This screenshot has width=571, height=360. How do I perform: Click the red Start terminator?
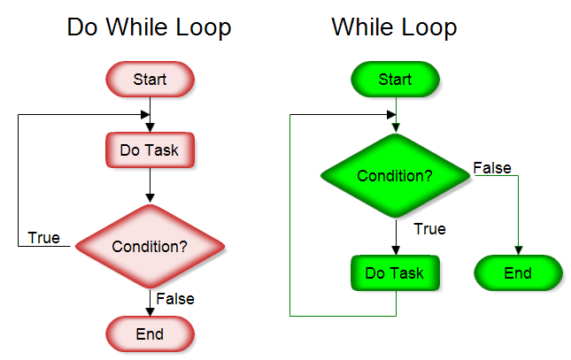[150, 80]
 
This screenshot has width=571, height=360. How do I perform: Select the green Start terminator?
[395, 80]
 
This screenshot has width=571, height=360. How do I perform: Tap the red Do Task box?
[150, 150]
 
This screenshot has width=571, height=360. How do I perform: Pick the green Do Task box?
[395, 272]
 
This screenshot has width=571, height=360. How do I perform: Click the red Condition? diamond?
[150, 246]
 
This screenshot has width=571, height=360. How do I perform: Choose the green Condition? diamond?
[395, 175]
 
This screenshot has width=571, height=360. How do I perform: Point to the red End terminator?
[150, 333]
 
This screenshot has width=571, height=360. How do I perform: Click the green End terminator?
[518, 272]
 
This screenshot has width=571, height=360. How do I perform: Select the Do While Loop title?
[149, 27]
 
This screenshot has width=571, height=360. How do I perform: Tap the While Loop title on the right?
[394, 27]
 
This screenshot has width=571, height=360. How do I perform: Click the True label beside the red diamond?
[44, 237]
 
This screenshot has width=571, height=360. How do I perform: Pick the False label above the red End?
[174, 299]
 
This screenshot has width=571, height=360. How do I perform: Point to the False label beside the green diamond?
[492, 167]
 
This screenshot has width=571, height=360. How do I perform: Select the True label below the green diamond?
[429, 229]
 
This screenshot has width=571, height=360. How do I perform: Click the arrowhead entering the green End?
[518, 251]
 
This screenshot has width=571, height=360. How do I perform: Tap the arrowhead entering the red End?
[150, 312]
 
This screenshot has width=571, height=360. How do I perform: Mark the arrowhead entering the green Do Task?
[395, 251]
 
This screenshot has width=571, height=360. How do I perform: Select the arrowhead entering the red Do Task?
[150, 128]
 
